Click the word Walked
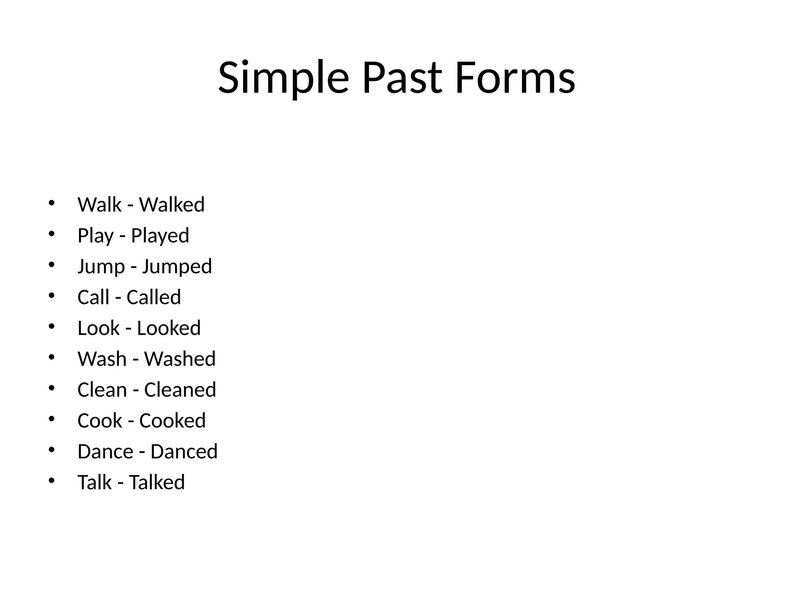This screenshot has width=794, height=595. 172,205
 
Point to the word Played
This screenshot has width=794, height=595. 160,236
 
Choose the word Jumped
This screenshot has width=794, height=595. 177,267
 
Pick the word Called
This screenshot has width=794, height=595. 154,297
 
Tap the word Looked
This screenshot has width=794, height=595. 169,328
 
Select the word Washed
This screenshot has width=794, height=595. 180,359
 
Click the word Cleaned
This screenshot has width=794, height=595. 180,390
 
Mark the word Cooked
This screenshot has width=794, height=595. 173,421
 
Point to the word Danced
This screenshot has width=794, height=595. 184,452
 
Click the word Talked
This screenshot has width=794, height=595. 157,482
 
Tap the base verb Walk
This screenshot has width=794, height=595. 100,205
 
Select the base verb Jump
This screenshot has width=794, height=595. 101,267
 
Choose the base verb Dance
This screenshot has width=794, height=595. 105,452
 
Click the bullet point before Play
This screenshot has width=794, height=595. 52,234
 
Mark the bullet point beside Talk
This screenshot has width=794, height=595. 52,481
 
